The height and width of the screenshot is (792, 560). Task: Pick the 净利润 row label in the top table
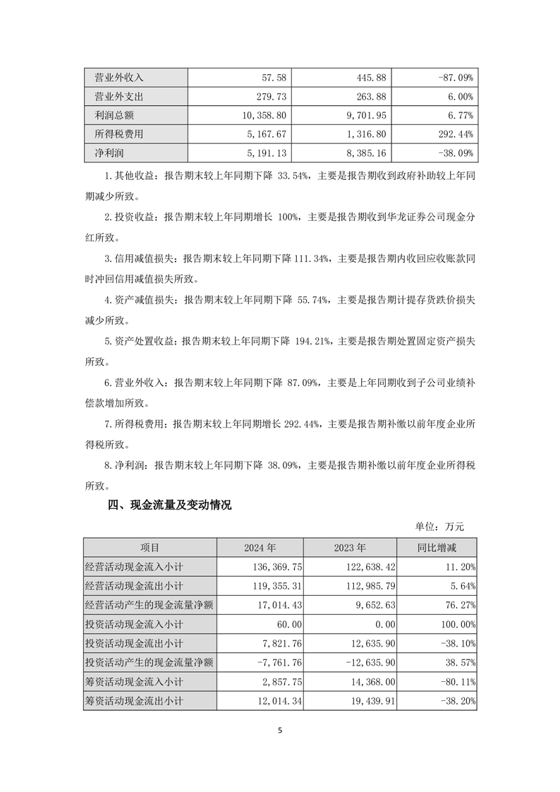click(104, 152)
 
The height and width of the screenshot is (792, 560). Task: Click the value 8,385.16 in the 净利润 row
click(357, 152)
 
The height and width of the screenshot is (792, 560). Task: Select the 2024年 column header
click(260, 547)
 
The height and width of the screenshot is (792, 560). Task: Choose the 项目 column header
click(150, 547)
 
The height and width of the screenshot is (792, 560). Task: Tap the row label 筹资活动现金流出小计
click(134, 700)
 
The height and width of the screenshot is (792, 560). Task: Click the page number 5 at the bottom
click(280, 731)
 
